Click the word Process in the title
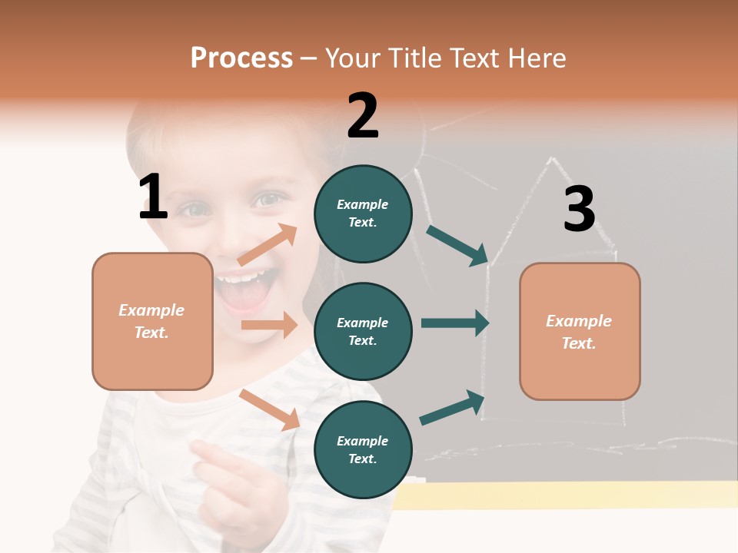[241, 58]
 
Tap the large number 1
[153, 197]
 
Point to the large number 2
[363, 116]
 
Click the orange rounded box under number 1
[152, 321]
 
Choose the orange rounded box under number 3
[580, 331]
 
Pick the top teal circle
[363, 214]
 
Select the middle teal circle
[363, 331]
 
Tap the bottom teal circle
[363, 449]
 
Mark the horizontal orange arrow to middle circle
[269, 325]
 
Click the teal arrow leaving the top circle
[457, 246]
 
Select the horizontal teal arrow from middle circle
[454, 323]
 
